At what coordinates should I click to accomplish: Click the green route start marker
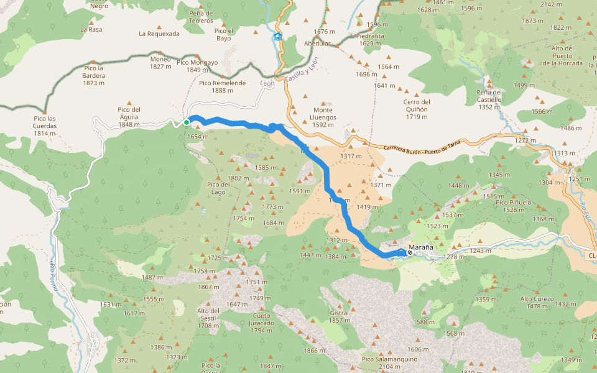click(x=186, y=122)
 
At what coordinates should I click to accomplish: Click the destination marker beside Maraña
click(x=409, y=252)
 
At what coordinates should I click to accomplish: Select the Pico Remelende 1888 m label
click(x=222, y=86)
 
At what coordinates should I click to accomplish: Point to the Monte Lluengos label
click(x=323, y=114)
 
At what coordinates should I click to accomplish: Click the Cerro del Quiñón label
click(x=417, y=106)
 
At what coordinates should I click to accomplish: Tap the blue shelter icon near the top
click(x=277, y=37)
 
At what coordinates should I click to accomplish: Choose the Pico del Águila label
click(x=129, y=114)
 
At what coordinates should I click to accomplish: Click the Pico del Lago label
click(x=218, y=188)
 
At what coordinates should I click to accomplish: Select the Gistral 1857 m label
click(x=339, y=316)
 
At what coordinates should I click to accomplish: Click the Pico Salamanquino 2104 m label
click(x=389, y=362)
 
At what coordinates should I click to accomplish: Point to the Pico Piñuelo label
click(x=514, y=206)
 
